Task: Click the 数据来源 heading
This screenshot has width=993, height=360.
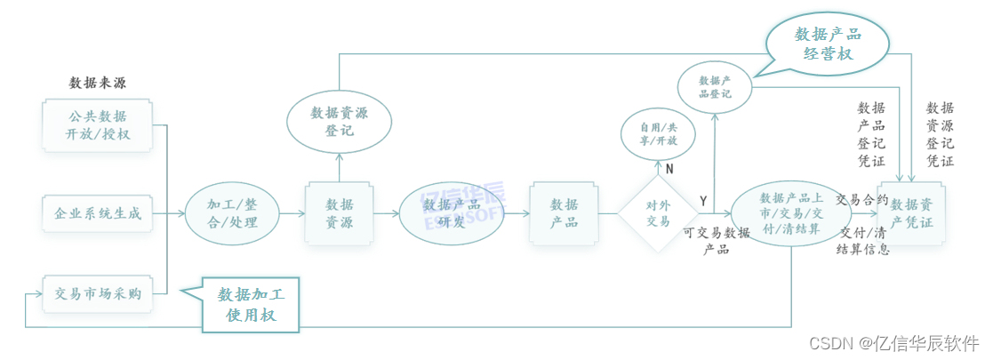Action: [x=97, y=84]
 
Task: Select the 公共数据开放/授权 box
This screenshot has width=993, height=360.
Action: [x=98, y=124]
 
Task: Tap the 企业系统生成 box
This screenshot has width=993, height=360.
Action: [x=98, y=213]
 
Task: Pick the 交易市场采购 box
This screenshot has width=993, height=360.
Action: [x=98, y=293]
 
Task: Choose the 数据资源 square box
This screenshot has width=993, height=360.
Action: [x=339, y=213]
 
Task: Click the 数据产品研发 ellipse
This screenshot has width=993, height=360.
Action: [x=452, y=213]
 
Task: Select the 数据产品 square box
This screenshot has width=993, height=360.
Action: [x=564, y=213]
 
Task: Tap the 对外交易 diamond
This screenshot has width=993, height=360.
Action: [x=658, y=213]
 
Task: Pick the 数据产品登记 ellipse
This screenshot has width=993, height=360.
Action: [x=715, y=86]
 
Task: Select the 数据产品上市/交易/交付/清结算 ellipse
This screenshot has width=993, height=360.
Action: [x=790, y=213]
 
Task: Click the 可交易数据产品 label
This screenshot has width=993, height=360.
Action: [x=716, y=241]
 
